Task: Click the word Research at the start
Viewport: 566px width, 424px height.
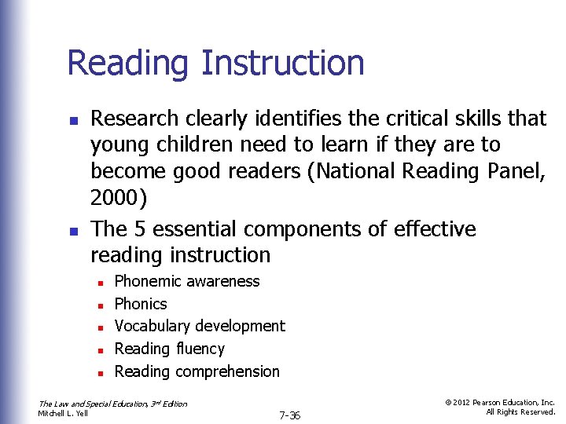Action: (x=134, y=119)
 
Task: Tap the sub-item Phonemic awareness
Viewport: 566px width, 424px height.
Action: (x=187, y=281)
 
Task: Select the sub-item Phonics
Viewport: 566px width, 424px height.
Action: (x=141, y=304)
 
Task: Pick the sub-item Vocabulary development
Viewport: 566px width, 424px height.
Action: (x=200, y=326)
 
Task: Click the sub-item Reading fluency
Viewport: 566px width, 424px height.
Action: (x=170, y=349)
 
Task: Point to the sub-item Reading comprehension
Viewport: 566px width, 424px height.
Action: (x=197, y=371)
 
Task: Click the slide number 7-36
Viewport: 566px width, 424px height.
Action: (x=290, y=414)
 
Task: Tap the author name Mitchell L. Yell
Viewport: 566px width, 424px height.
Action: (x=63, y=413)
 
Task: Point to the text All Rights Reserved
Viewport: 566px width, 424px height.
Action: (x=520, y=411)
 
